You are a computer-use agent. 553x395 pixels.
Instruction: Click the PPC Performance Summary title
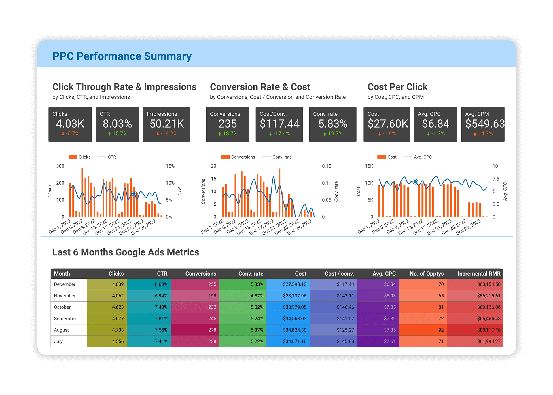pos(122,56)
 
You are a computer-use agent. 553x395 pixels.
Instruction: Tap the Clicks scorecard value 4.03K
pos(70,124)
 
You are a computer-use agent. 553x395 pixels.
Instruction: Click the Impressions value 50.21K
pos(166,124)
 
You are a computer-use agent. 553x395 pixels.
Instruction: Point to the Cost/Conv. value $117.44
pos(279,124)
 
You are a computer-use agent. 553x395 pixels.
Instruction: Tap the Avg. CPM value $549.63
pos(485,124)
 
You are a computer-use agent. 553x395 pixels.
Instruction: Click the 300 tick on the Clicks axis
pos(60,166)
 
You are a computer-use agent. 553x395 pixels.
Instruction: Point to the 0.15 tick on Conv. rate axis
pos(326,166)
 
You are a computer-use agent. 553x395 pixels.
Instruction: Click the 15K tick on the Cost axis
pos(369,166)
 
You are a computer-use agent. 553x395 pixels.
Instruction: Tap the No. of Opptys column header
pos(426,274)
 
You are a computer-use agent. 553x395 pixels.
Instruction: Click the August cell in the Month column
pos(61,330)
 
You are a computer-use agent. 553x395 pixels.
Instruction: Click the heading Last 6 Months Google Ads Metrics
pos(126,252)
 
